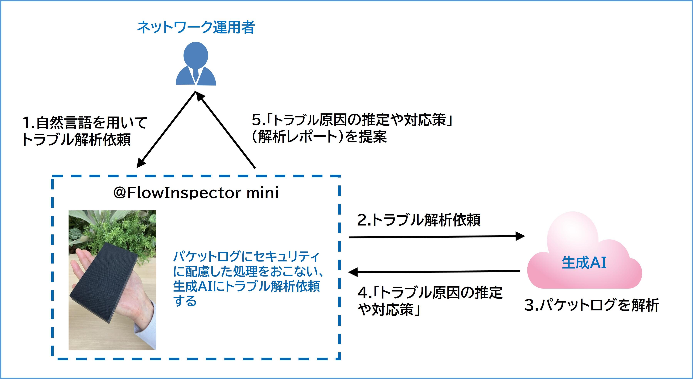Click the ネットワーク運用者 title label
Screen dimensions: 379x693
(196, 27)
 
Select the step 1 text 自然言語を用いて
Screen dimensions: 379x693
(85, 123)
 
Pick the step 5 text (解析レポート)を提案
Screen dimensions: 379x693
(319, 137)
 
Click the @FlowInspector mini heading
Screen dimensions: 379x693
(196, 193)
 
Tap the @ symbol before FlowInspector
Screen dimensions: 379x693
(120, 193)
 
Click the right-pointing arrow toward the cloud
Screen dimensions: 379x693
(436, 237)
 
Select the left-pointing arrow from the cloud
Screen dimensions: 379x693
(433, 272)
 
